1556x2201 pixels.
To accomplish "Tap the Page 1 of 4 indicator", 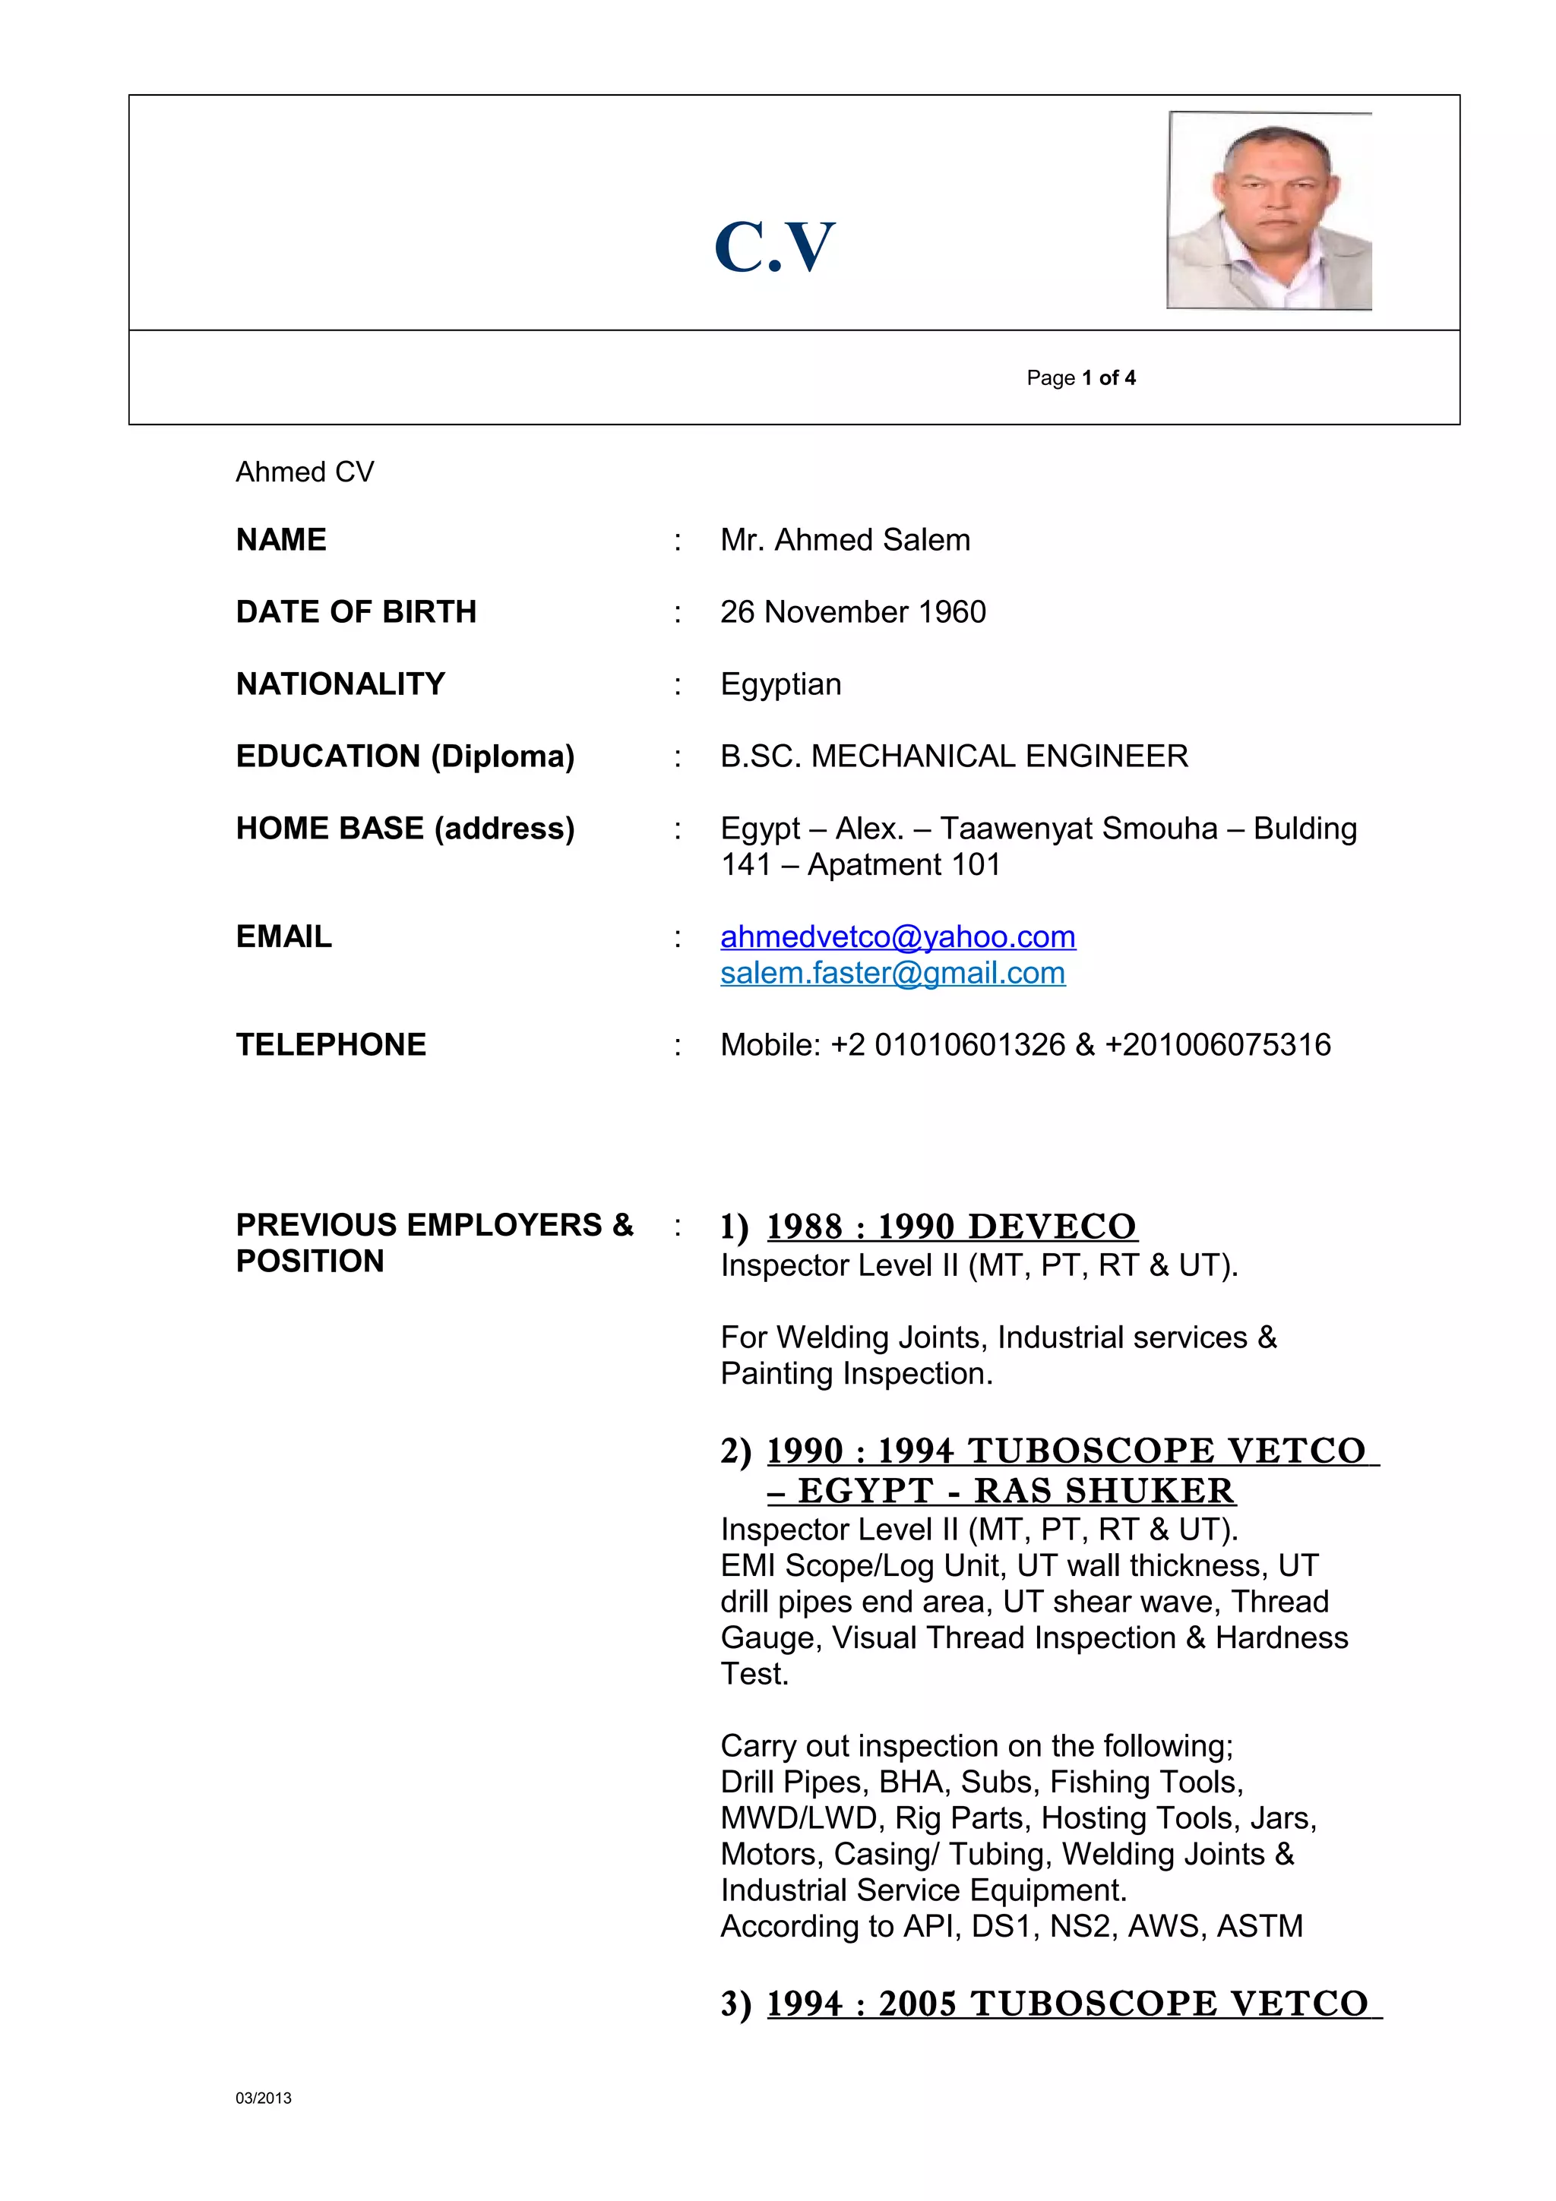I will point(1080,377).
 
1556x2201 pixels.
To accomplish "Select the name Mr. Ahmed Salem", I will point(845,540).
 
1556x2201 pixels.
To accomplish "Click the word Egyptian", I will point(780,684).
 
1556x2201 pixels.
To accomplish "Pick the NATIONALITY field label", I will point(340,684).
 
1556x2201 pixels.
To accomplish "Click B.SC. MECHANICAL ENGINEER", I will point(954,756).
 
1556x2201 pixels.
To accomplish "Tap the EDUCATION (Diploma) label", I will point(405,756).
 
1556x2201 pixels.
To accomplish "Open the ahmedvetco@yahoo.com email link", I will point(897,936).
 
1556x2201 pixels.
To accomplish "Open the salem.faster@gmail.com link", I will point(893,973).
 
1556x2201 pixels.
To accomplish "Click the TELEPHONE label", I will point(330,1045).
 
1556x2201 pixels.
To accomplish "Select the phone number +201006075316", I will point(1218,1045).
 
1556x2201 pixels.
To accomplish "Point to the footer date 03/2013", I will point(264,2098).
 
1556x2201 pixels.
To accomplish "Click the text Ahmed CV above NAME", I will point(305,472).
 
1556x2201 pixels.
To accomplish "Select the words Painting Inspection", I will point(856,1374).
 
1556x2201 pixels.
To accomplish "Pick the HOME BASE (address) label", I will point(405,829).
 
